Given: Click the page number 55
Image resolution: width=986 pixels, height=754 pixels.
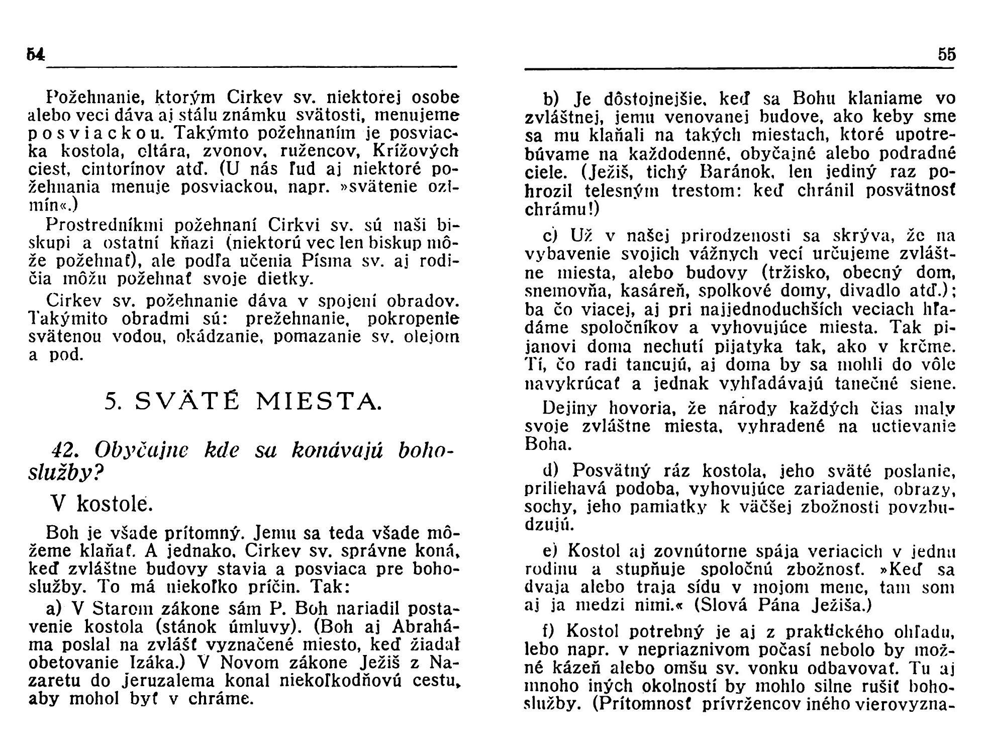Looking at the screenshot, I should click(x=946, y=54).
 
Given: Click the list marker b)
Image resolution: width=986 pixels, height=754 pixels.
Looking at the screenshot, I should click(x=551, y=99).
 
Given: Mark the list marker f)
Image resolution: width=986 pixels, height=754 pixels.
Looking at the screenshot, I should click(x=549, y=630).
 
